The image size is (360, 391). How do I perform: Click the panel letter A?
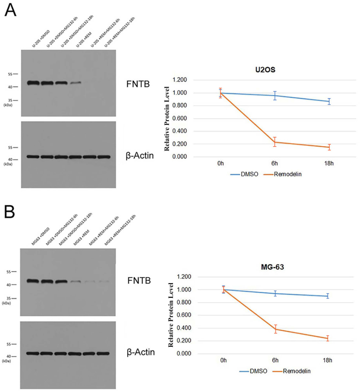tap(10, 11)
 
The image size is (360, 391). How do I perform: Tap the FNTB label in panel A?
tap(138, 84)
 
